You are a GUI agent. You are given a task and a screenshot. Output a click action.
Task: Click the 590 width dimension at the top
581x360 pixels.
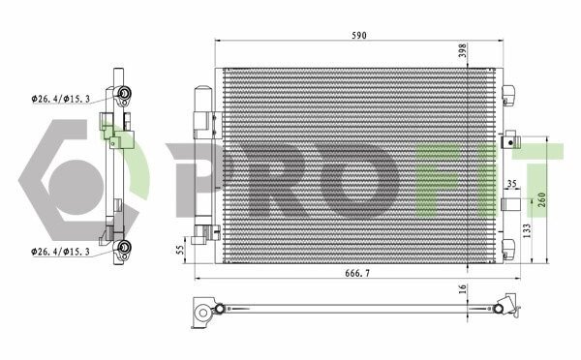[359, 35]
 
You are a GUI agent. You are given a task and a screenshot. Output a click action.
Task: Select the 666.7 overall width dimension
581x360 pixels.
[357, 273]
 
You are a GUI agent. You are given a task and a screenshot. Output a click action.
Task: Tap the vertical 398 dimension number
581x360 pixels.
[463, 50]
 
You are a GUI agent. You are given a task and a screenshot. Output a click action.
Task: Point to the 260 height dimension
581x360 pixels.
[541, 200]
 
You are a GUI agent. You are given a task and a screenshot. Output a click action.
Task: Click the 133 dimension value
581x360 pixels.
[527, 230]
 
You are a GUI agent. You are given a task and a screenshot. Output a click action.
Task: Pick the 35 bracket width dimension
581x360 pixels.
[511, 183]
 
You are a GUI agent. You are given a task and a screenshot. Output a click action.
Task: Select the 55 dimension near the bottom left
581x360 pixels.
[180, 250]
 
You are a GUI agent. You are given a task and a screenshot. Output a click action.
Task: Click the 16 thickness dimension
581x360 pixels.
[463, 289]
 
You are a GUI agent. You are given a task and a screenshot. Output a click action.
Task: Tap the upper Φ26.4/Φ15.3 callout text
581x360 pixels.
[61, 99]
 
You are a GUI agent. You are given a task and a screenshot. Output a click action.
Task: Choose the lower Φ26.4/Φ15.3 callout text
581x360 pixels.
[61, 252]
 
